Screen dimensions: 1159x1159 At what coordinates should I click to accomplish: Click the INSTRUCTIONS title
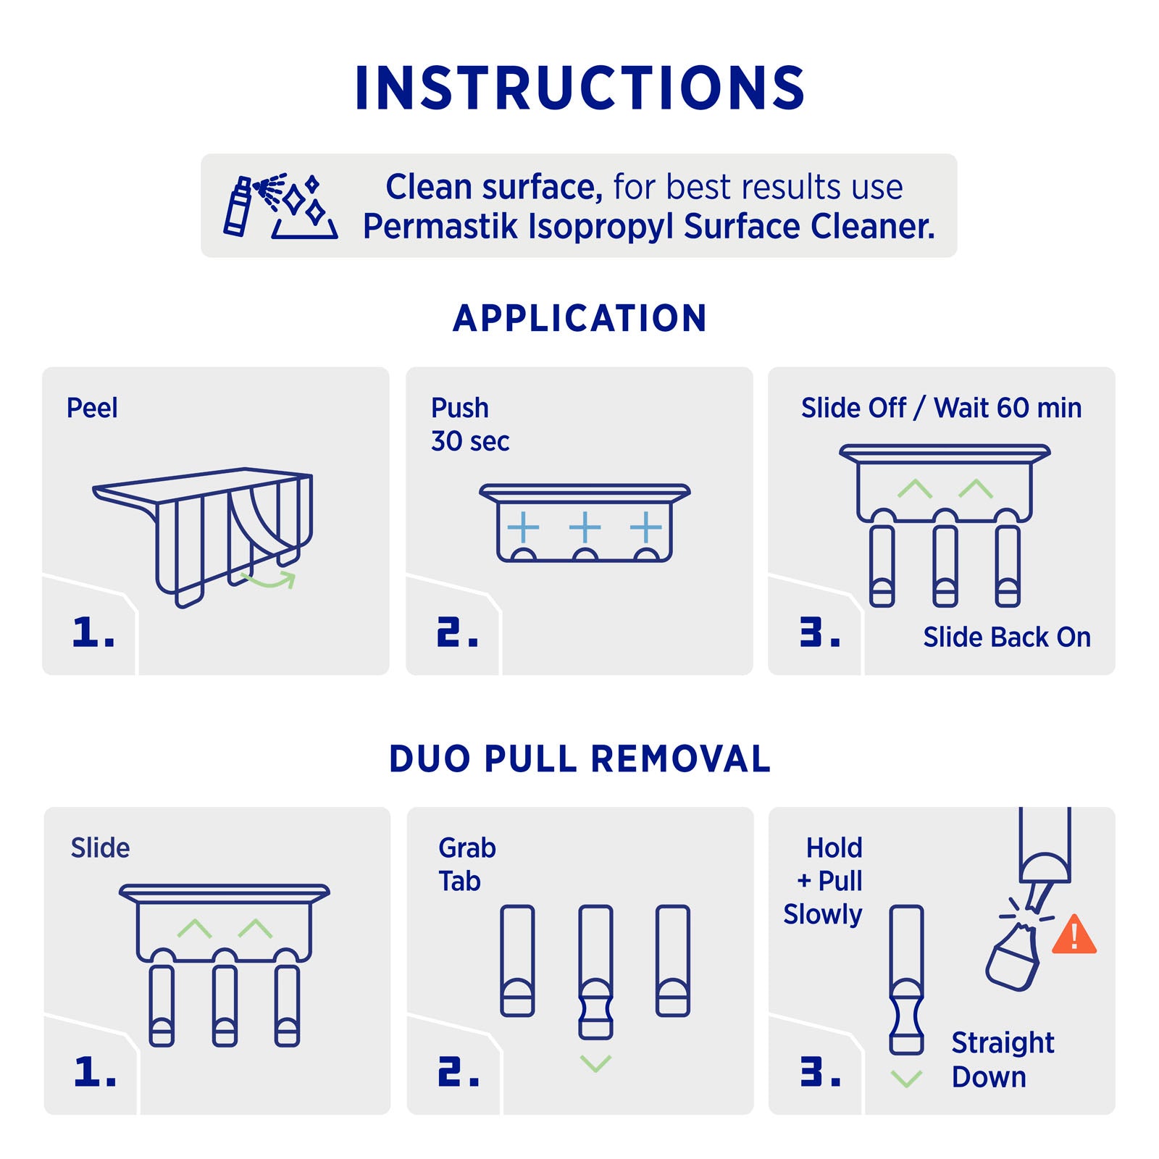click(x=579, y=88)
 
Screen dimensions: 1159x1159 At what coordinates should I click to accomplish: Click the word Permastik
click(x=440, y=226)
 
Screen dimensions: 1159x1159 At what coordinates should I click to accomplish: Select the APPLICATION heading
click(x=579, y=318)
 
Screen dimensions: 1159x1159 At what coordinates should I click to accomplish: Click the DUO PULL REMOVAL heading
click(x=579, y=758)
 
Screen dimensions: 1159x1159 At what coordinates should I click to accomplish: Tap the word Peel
click(x=92, y=408)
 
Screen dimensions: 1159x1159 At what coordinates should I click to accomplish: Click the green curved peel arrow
click(x=269, y=579)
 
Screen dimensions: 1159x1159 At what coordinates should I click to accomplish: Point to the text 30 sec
click(x=470, y=440)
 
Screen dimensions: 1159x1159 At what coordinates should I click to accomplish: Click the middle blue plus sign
click(x=585, y=527)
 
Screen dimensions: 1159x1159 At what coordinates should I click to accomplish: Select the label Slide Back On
click(x=1007, y=637)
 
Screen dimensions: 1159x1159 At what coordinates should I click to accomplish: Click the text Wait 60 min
click(x=1008, y=408)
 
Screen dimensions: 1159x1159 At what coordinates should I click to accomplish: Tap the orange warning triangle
click(x=1074, y=934)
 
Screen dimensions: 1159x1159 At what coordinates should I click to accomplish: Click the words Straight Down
click(x=1003, y=1060)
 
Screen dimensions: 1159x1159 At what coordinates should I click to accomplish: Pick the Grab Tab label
click(x=467, y=864)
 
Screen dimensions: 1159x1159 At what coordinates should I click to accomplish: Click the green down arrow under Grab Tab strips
click(x=596, y=1063)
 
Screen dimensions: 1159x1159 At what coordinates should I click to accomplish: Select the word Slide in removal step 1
click(x=100, y=848)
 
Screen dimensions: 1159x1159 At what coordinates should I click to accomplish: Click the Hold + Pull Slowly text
click(x=823, y=881)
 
